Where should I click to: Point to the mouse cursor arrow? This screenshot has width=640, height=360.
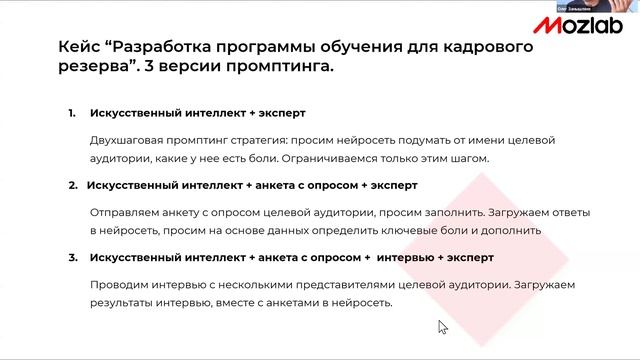click(x=442, y=326)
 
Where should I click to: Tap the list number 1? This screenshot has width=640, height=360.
click(x=72, y=113)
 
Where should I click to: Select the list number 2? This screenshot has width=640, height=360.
click(x=72, y=186)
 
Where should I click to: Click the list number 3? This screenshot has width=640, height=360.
click(x=72, y=258)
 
